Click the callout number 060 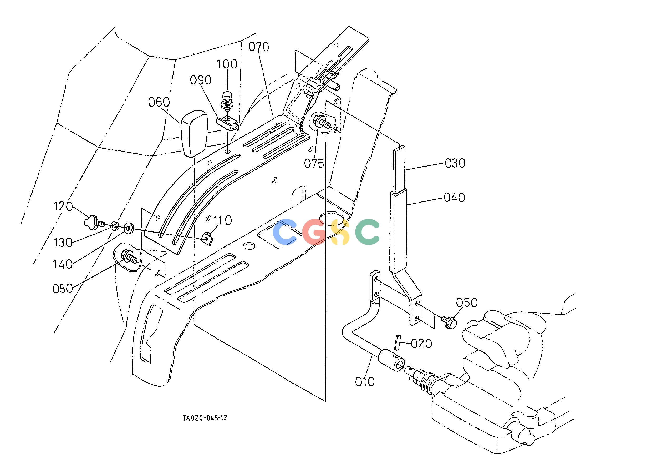pyautogui.click(x=159, y=102)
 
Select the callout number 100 pyautogui.click(x=227, y=64)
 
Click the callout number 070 pyautogui.click(x=259, y=47)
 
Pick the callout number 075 pyautogui.click(x=314, y=163)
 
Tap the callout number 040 pyautogui.click(x=454, y=198)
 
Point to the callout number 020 pyautogui.click(x=421, y=344)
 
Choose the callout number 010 pyautogui.click(x=365, y=381)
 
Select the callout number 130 pyautogui.click(x=63, y=243)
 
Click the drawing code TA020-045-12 pyautogui.click(x=205, y=418)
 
